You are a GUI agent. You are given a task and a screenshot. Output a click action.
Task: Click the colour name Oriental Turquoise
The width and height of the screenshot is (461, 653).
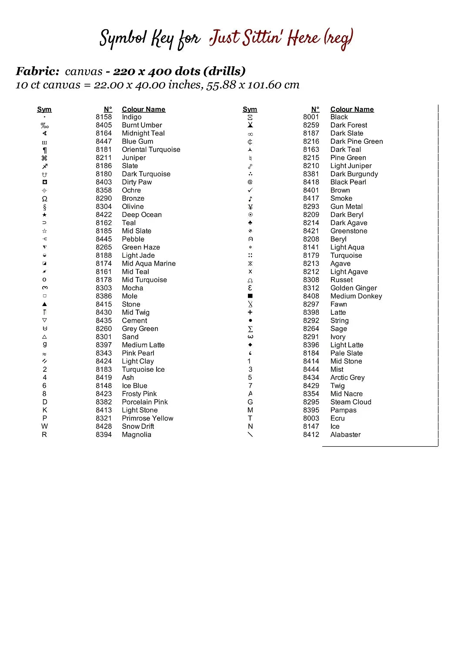click(151, 149)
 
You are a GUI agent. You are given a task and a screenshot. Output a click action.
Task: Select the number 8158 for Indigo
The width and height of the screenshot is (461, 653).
click(104, 117)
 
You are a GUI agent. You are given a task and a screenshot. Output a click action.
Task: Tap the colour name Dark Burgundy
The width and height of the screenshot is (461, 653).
click(354, 174)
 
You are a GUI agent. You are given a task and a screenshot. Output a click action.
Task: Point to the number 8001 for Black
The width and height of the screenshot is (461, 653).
click(311, 117)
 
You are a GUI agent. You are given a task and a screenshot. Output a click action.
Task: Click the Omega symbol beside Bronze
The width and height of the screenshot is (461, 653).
click(44, 199)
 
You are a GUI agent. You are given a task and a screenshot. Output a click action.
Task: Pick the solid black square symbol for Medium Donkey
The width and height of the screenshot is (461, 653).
click(250, 296)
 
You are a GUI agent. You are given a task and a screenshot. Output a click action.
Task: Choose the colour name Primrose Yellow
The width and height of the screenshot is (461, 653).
click(147, 418)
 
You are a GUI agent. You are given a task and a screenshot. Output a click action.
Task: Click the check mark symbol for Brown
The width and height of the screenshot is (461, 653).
click(250, 190)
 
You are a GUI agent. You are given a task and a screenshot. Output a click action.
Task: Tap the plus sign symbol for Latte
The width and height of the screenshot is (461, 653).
click(250, 312)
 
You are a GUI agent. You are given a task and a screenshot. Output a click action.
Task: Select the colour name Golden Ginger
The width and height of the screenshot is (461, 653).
click(354, 288)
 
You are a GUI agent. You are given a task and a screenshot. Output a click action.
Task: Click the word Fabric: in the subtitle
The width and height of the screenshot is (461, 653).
click(37, 71)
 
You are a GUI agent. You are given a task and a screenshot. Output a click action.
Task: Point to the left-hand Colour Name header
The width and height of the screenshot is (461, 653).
click(144, 109)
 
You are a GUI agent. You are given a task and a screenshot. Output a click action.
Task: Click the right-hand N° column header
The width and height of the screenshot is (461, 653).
click(315, 109)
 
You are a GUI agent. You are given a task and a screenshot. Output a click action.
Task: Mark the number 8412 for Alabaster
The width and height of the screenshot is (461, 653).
click(311, 434)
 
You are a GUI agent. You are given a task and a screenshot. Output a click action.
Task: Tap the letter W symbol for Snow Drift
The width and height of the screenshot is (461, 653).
click(44, 426)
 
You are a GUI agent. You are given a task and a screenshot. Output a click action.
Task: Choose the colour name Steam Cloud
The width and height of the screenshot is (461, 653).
click(351, 402)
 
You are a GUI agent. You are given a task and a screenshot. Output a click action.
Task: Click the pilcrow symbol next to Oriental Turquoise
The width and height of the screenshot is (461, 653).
click(44, 150)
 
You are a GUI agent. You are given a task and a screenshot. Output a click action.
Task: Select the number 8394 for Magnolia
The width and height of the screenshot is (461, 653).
click(104, 434)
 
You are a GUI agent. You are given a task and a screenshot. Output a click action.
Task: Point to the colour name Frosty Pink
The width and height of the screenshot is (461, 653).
click(139, 394)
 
